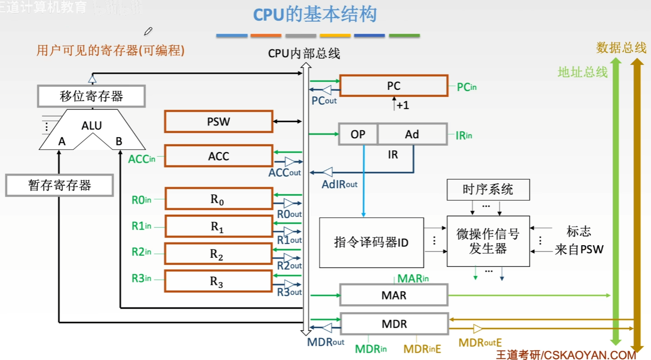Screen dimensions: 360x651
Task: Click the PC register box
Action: coord(394,86)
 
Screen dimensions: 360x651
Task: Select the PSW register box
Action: coord(219,121)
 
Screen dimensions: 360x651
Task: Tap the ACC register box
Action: coord(219,156)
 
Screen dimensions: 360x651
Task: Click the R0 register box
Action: coord(219,199)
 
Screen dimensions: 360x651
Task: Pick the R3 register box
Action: coord(219,281)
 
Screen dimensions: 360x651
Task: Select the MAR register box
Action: coord(394,295)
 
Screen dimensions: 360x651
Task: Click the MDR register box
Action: coord(394,323)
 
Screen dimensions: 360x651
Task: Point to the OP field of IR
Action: coord(358,134)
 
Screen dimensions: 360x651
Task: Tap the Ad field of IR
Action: coord(412,134)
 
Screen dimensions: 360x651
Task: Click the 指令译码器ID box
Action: coord(371,242)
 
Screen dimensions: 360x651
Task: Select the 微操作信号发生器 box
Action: coord(488,241)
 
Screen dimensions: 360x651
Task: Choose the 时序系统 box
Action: coord(488,190)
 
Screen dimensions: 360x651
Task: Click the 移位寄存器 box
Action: coord(91,96)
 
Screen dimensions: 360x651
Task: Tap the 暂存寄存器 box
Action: coord(60,186)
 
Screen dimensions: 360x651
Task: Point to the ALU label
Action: coord(91,126)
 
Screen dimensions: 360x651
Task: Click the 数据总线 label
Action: coord(621,48)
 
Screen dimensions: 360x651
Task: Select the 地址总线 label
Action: coord(582,72)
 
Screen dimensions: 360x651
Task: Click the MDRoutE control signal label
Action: coord(480,343)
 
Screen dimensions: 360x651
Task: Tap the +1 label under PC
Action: coord(403,105)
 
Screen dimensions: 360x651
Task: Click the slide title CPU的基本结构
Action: coord(315,14)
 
